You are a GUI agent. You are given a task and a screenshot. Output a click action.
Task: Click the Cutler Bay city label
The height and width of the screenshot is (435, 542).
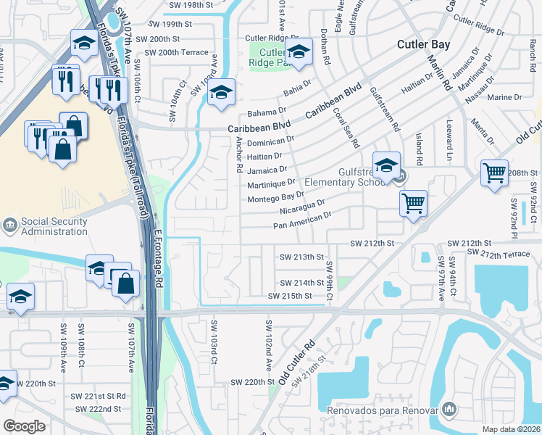point(423,44)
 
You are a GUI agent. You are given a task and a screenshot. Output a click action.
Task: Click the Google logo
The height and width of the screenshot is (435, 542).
point(24,426)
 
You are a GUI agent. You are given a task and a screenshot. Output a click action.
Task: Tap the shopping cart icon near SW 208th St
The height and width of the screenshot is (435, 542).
point(494,174)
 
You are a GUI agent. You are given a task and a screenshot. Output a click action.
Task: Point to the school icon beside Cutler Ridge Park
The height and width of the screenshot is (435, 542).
point(297,52)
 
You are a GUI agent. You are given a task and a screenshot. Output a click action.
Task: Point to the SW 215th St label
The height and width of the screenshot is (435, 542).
point(289,296)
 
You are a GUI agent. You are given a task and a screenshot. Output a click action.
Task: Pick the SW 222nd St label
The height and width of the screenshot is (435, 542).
point(96,409)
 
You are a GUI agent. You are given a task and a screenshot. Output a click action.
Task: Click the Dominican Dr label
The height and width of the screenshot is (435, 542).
point(270,141)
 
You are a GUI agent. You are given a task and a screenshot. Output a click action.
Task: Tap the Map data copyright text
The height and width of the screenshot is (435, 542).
point(512,429)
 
